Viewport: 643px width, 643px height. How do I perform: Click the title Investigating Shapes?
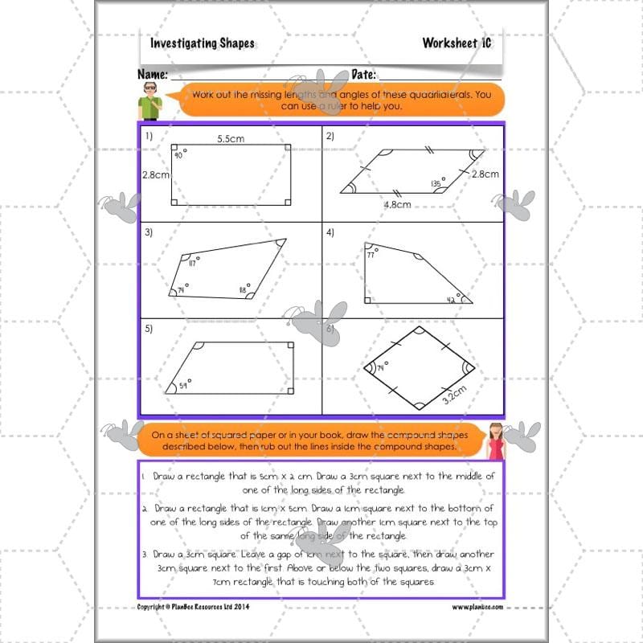tap(202, 43)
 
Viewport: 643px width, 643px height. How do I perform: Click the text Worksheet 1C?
tap(457, 43)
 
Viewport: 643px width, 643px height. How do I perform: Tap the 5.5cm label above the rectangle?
tap(230, 139)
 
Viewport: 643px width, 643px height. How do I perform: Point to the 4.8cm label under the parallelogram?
tap(397, 205)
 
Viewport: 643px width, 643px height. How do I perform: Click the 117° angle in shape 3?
tap(193, 264)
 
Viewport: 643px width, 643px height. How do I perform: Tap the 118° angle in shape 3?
tap(240, 289)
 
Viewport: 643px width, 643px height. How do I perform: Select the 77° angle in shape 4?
tap(371, 254)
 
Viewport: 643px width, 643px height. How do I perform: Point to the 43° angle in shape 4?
tap(452, 299)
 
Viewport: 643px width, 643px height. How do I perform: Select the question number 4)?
tap(330, 232)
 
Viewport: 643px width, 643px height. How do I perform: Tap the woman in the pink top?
tap(494, 441)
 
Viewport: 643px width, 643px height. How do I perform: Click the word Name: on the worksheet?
tap(152, 75)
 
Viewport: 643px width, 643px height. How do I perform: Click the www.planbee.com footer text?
tap(477, 607)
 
